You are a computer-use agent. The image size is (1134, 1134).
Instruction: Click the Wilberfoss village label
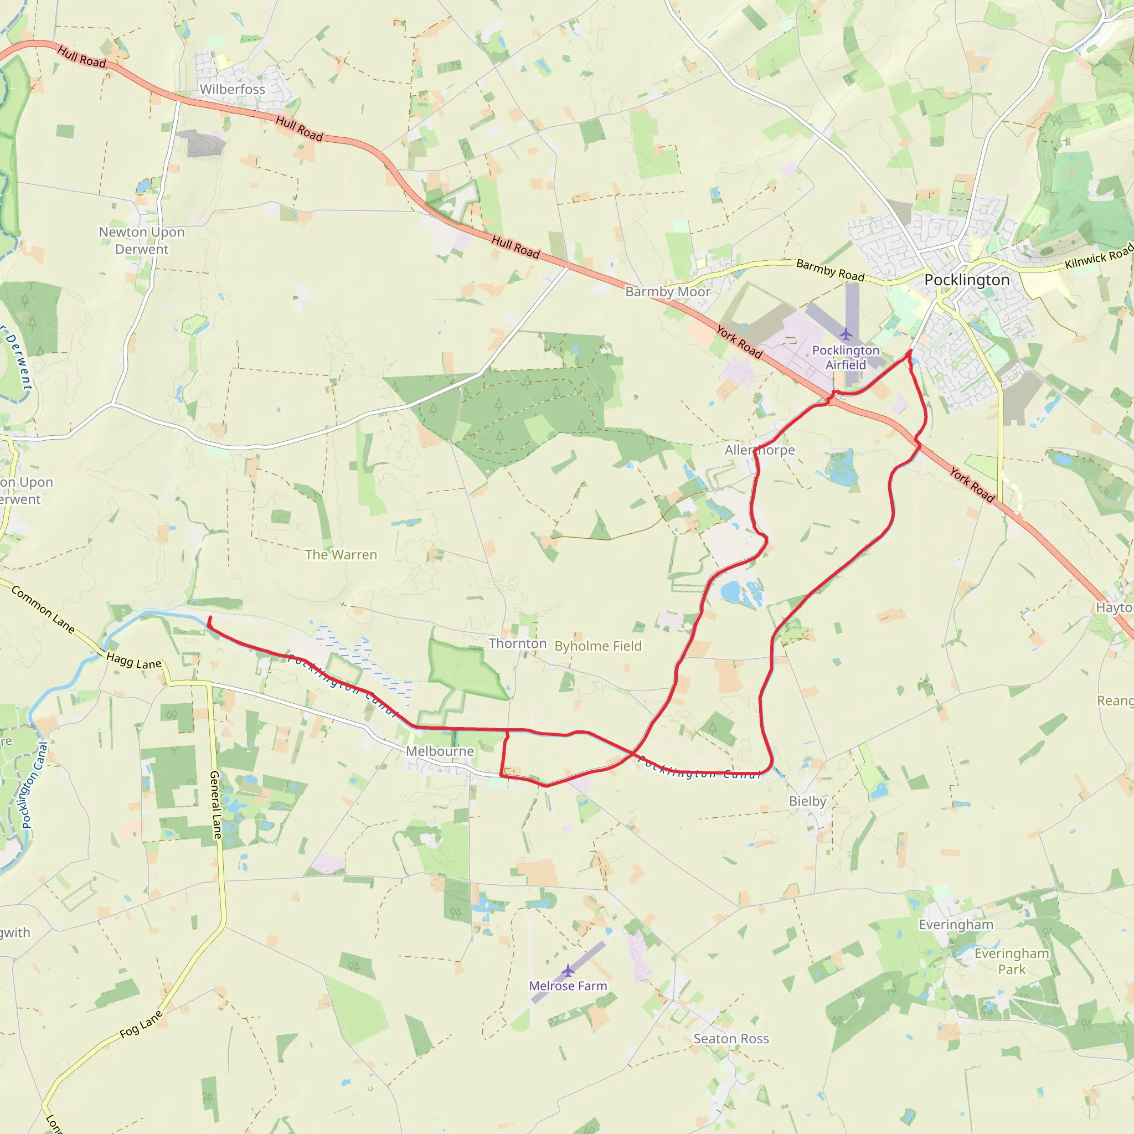coord(233,89)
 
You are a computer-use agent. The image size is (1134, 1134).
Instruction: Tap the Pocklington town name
coord(967,280)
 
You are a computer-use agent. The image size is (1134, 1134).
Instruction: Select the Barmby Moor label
coord(667,292)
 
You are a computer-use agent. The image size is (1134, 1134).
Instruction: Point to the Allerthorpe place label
coord(760,450)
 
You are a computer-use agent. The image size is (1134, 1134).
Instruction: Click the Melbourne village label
coord(440,751)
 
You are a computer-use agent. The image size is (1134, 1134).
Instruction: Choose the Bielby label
coord(807,801)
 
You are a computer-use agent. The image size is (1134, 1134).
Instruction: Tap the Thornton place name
coord(517,644)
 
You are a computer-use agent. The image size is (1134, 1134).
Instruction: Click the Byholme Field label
coord(598,646)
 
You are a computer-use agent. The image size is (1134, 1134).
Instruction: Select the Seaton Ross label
coord(731,1039)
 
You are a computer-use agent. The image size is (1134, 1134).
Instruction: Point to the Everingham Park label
coord(1011,961)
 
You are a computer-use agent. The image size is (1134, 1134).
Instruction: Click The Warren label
coord(341,555)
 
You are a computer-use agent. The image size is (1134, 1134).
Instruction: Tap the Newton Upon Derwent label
coord(141,241)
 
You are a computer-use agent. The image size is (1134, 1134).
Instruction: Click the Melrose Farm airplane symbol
coord(568,971)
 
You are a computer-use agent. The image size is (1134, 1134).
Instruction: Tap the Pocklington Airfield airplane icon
coord(845,334)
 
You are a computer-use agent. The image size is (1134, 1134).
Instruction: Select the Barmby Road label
coord(830,271)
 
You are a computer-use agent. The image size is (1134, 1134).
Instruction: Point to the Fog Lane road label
coord(141,1024)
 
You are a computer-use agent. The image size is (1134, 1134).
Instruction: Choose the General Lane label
coord(216,805)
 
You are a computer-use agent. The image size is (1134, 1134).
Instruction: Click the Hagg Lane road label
coord(134,661)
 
